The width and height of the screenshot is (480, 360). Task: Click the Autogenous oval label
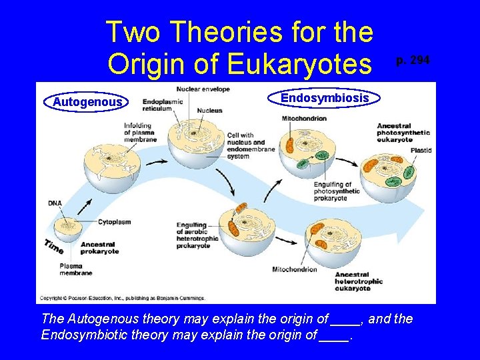pyautogui.click(x=87, y=102)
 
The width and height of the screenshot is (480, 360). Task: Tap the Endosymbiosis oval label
pyautogui.click(x=324, y=98)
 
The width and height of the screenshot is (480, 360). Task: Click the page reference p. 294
pyautogui.click(x=413, y=61)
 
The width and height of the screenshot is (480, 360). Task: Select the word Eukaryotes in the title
pyautogui.click(x=298, y=63)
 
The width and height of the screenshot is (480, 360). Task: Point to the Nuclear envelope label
pyautogui.click(x=203, y=89)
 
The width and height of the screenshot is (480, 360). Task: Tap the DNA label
pyautogui.click(x=55, y=203)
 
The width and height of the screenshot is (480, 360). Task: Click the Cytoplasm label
pyautogui.click(x=114, y=221)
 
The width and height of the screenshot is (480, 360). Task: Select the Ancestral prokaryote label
pyautogui.click(x=99, y=248)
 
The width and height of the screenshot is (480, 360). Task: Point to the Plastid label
pyautogui.click(x=421, y=151)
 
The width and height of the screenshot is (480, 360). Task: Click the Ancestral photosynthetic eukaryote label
pyautogui.click(x=403, y=133)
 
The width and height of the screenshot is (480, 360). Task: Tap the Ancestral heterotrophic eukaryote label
pyautogui.click(x=358, y=281)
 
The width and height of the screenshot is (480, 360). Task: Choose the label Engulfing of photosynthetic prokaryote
pyautogui.click(x=337, y=191)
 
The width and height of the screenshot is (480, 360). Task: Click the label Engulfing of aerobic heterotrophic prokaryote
pyautogui.click(x=197, y=235)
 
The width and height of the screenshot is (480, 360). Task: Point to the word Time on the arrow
pyautogui.click(x=53, y=245)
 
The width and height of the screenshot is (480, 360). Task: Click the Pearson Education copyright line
pyautogui.click(x=123, y=298)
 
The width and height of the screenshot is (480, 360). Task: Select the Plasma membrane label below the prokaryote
pyautogui.click(x=75, y=269)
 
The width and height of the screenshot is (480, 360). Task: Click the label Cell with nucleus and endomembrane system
pyautogui.click(x=250, y=146)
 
